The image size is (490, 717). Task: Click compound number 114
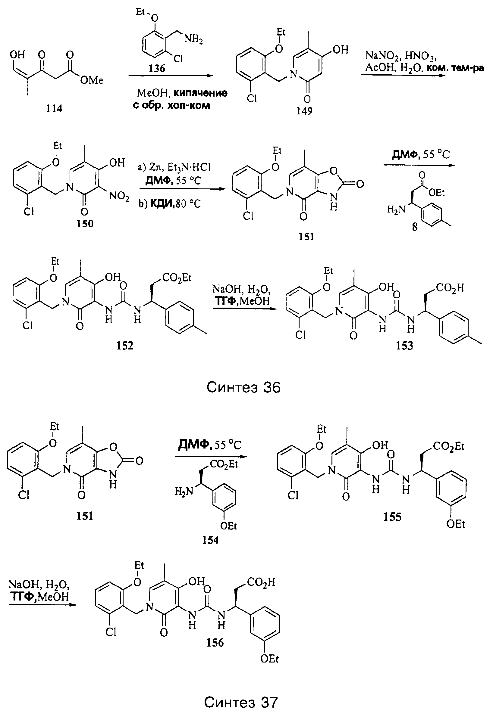pyautogui.click(x=54, y=108)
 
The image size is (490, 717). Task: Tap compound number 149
pyautogui.click(x=304, y=110)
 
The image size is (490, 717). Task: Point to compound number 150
pyautogui.click(x=85, y=223)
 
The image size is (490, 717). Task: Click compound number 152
pyautogui.click(x=125, y=346)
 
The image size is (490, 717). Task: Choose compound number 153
pyautogui.click(x=404, y=346)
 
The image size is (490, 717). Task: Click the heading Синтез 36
pyautogui.click(x=243, y=387)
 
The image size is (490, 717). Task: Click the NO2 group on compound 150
pyautogui.click(x=119, y=196)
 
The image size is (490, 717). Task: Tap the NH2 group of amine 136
pyautogui.click(x=194, y=39)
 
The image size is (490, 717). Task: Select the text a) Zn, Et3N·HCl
pyautogui.click(x=174, y=167)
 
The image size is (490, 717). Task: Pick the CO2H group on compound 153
pyautogui.click(x=450, y=288)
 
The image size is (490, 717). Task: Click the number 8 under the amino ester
pyautogui.click(x=415, y=227)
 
